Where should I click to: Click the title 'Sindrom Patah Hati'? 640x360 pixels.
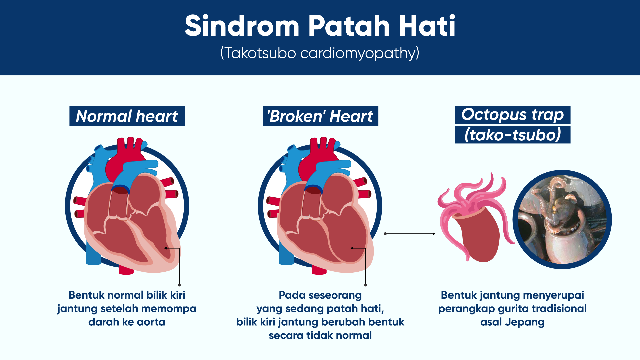coord(320,26)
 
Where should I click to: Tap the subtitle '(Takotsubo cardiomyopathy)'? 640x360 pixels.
coord(320,53)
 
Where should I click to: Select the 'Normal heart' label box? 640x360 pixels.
coord(127,116)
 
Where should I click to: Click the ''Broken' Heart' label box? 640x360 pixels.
coord(320,116)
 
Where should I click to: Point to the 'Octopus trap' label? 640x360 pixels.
coord(513,115)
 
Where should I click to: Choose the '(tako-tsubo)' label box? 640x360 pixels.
coord(513,135)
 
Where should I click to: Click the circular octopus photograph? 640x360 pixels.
coord(562,220)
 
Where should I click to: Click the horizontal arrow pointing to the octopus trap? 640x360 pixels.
coord(410,234)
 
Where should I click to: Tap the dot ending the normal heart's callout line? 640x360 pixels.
coord(179,285)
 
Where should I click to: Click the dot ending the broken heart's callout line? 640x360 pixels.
coord(366,285)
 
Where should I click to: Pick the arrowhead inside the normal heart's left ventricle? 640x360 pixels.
coord(165,248)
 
